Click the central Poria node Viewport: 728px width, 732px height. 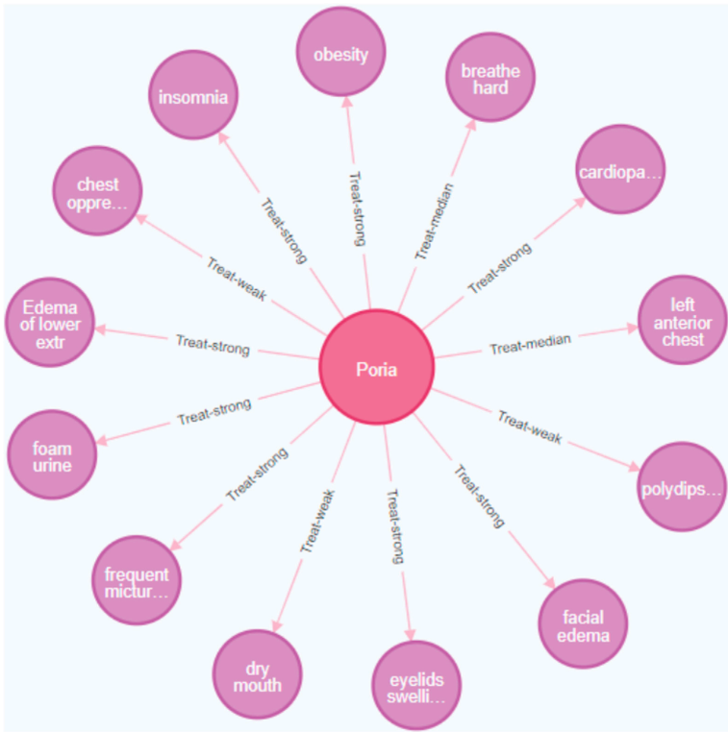377,367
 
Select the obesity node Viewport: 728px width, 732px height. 340,54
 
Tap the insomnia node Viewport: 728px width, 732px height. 193,95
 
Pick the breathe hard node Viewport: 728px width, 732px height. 490,78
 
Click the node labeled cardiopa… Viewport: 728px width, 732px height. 620,170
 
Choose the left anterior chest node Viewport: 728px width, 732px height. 683,321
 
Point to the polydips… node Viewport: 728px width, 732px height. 682,487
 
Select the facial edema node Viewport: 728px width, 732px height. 583,623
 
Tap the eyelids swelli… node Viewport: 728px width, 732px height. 416,685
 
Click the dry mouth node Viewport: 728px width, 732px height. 257,675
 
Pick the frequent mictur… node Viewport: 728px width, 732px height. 137,580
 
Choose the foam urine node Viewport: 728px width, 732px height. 52,454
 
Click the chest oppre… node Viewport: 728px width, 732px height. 96,190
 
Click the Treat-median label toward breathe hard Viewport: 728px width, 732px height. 435,221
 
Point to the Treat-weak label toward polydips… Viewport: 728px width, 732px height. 530,426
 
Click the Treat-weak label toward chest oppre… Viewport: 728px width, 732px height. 237,277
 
